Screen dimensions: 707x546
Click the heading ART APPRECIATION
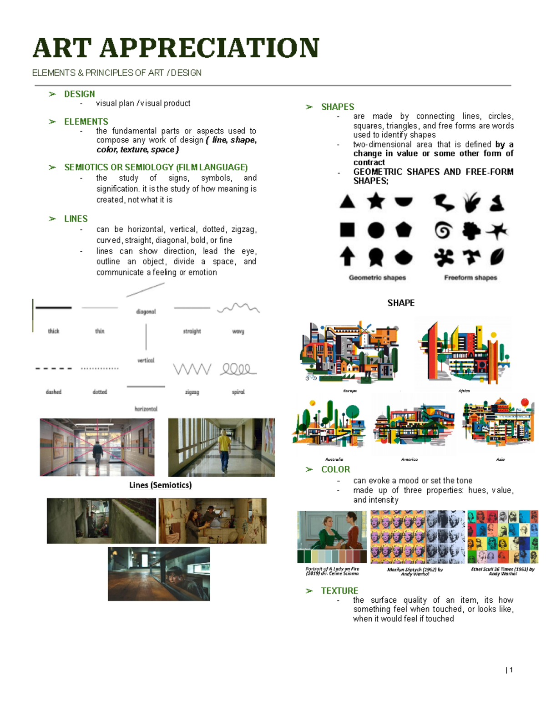tap(176, 48)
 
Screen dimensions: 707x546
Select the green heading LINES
tap(76, 219)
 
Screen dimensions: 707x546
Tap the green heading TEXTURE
tap(339, 590)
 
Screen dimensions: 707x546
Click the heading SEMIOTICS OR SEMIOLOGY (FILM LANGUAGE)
tap(156, 167)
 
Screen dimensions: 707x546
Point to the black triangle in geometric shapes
tap(347, 201)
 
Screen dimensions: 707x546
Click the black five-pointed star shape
tap(376, 201)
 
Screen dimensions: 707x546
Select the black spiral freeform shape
tap(443, 230)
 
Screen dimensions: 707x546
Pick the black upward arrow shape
tap(347, 256)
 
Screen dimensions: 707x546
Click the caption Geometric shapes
tap(377, 278)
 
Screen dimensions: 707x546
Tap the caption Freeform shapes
tap(470, 278)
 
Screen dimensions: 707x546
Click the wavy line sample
tap(238, 308)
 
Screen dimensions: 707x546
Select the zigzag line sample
tap(192, 369)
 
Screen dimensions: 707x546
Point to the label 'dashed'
tap(54, 392)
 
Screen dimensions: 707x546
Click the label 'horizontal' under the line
tap(146, 409)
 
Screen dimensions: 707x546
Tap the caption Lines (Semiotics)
tap(160, 485)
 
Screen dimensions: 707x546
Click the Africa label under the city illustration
tap(464, 391)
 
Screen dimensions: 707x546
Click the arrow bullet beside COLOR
tap(309, 469)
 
